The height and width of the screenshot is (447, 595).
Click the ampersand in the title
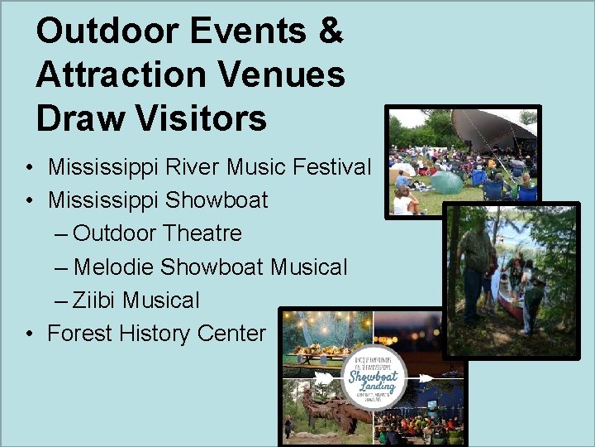click(x=331, y=31)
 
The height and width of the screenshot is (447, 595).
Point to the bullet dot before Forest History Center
click(x=29, y=334)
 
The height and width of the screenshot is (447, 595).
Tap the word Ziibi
click(x=94, y=300)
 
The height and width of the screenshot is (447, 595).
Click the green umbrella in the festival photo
click(x=447, y=182)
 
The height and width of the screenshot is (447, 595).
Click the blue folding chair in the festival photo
click(x=494, y=190)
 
